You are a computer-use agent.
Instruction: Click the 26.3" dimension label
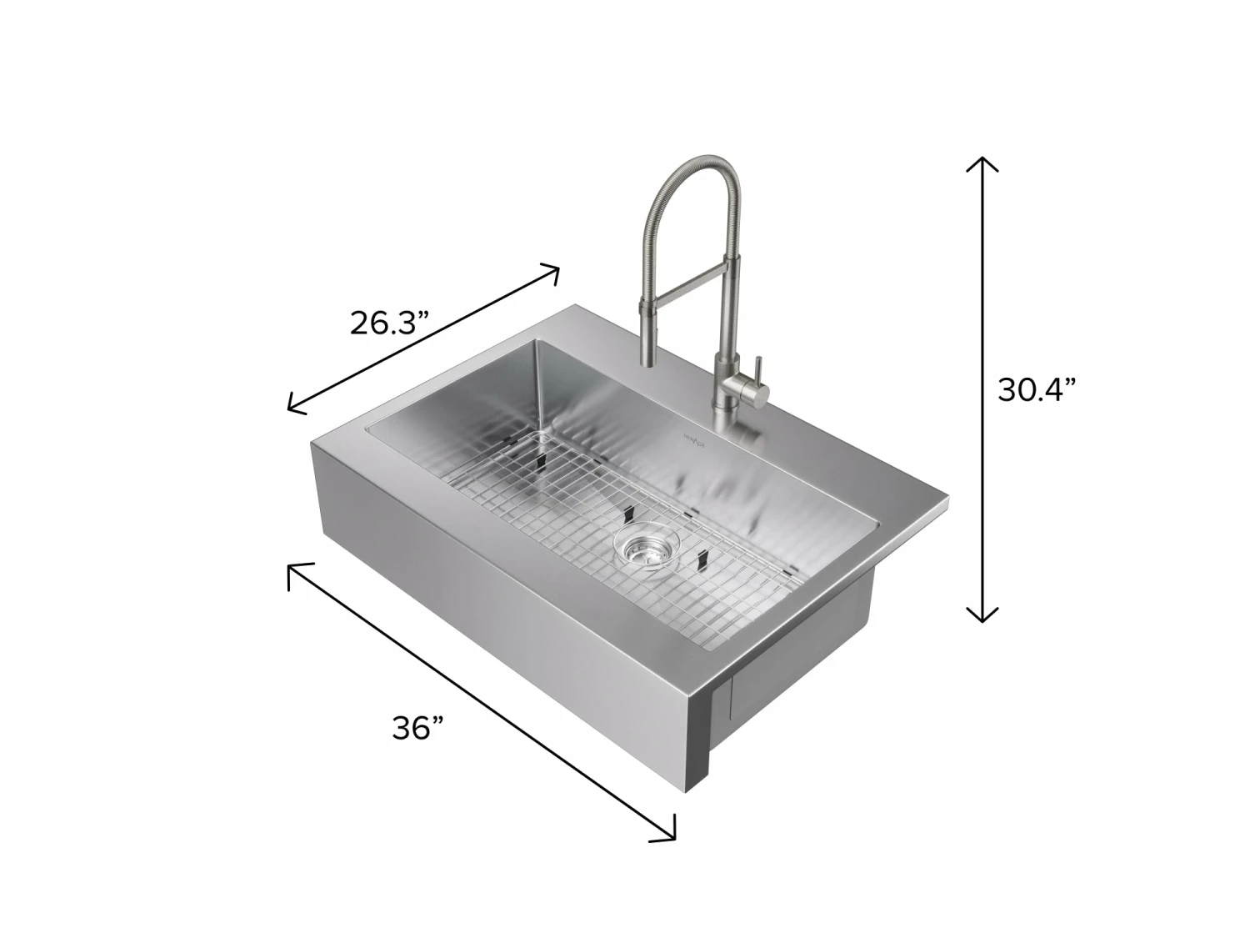388,322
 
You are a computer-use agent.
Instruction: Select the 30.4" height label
1037,389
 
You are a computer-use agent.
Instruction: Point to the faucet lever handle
758,368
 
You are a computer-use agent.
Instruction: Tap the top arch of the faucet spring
696,163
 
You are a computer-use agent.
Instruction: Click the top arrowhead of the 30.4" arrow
982,160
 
